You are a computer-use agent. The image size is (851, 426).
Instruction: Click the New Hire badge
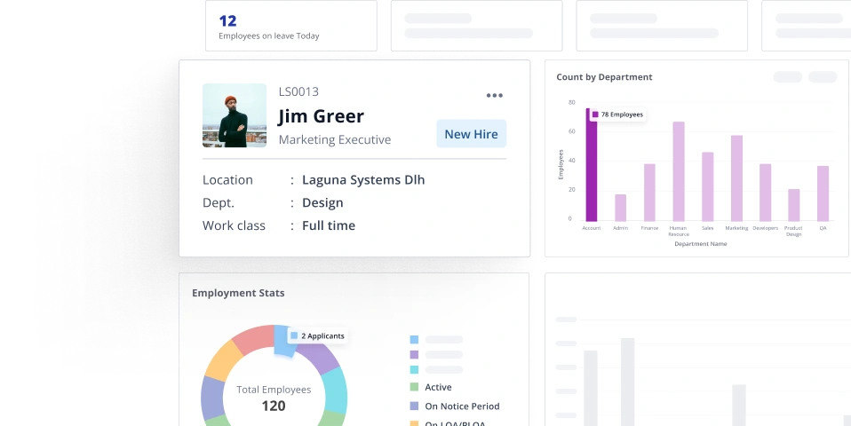coord(471,134)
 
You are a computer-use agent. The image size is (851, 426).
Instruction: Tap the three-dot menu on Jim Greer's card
coord(495,96)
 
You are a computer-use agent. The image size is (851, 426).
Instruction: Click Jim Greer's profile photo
coord(235,115)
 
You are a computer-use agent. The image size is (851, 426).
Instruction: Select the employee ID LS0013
coord(298,91)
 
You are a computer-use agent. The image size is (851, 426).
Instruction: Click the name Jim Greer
coord(321,116)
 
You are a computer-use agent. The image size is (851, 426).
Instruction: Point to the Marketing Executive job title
coord(334,139)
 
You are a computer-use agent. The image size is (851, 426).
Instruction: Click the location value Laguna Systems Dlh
coord(363,179)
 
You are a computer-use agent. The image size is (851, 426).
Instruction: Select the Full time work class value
coord(329,225)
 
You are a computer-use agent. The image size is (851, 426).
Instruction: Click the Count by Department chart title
coord(604,77)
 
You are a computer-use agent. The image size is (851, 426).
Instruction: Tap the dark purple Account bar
coord(592,169)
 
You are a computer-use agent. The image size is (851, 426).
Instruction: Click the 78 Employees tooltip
coord(617,114)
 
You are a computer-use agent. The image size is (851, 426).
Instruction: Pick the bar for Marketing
coord(736,177)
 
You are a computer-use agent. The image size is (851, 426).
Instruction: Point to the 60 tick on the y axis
coord(571,131)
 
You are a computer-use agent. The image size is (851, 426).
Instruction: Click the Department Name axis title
coord(700,244)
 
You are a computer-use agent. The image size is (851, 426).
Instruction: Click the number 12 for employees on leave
coord(227,20)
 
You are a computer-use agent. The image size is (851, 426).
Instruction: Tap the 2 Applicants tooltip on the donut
coord(319,336)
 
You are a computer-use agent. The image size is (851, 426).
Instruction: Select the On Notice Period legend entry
coord(462,406)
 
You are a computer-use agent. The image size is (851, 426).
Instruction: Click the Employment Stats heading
coord(238,293)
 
